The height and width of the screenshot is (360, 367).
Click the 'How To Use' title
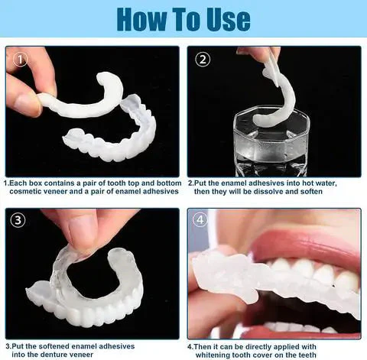click(x=183, y=18)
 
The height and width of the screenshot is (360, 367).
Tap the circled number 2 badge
click(x=202, y=59)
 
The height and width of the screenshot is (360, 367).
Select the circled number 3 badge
click(x=19, y=222)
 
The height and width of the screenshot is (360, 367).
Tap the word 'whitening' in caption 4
click(x=219, y=355)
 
